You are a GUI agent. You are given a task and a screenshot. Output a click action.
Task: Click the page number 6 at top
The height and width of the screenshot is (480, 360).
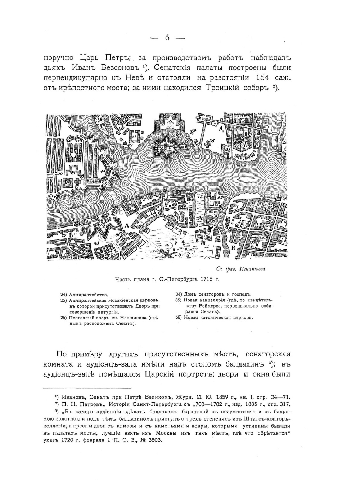coord(167,38)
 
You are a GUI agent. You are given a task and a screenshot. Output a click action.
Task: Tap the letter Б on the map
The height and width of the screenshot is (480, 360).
coord(233,248)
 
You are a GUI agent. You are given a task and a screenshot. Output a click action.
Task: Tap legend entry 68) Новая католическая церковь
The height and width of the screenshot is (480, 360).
coord(214,317)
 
